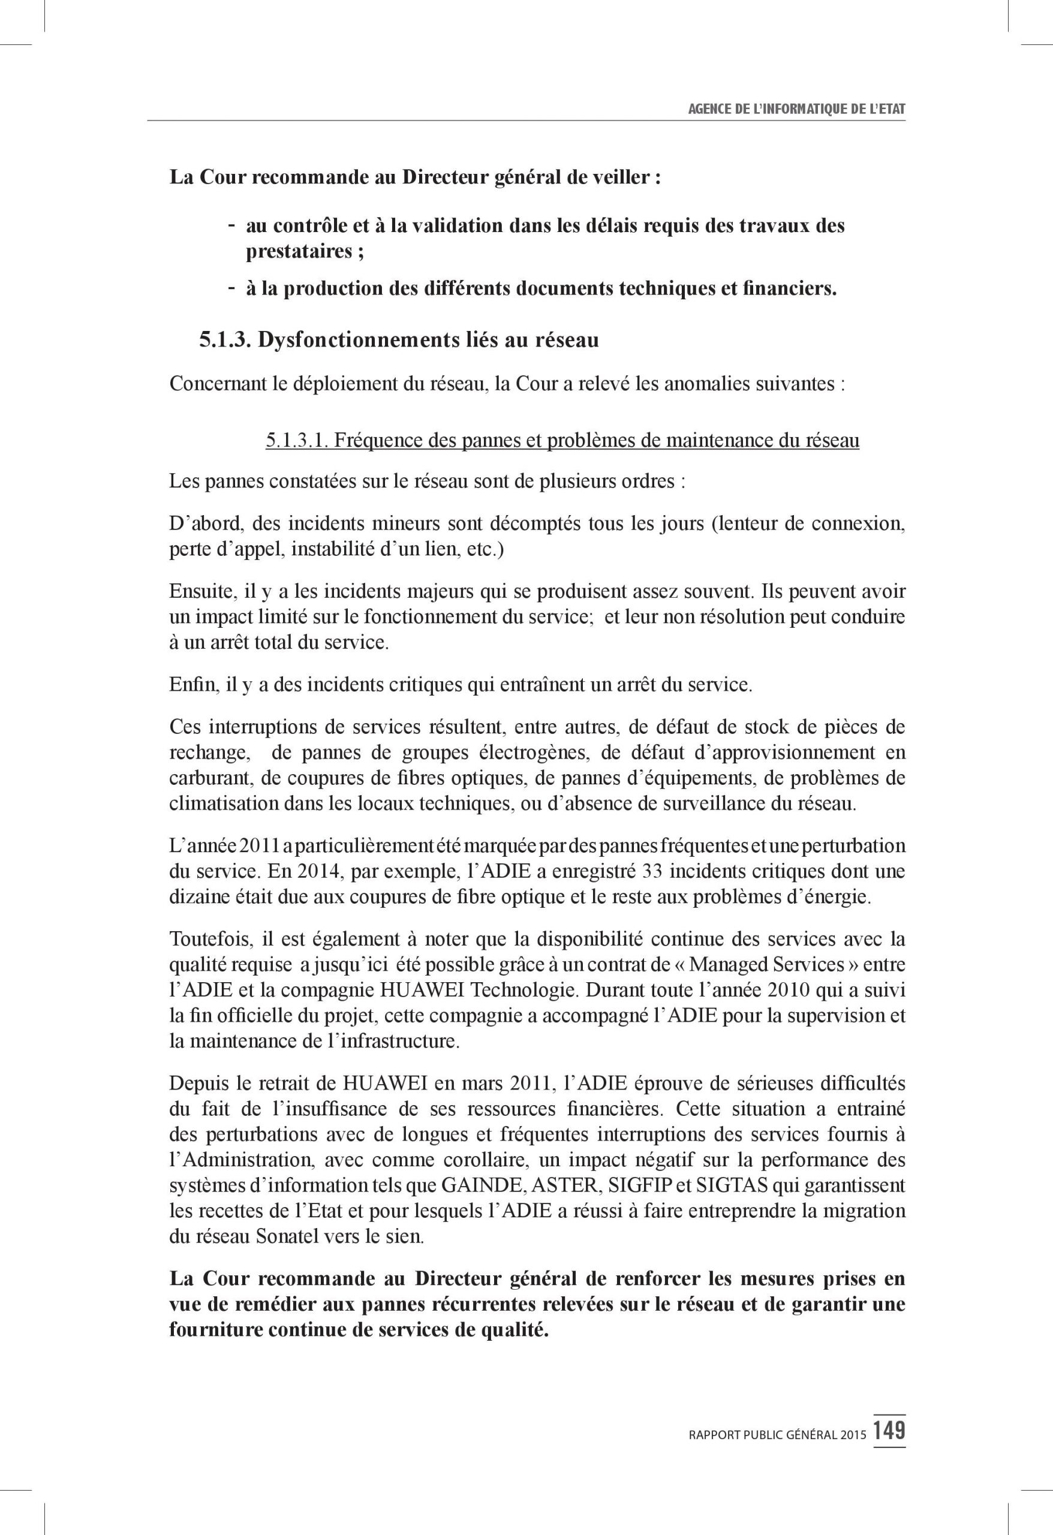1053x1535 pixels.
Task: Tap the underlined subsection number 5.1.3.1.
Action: pyautogui.click(x=297, y=440)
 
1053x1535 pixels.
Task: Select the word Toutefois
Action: pyautogui.click(x=201, y=938)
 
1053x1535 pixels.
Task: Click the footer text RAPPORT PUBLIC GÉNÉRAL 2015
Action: pyautogui.click(x=776, y=1435)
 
